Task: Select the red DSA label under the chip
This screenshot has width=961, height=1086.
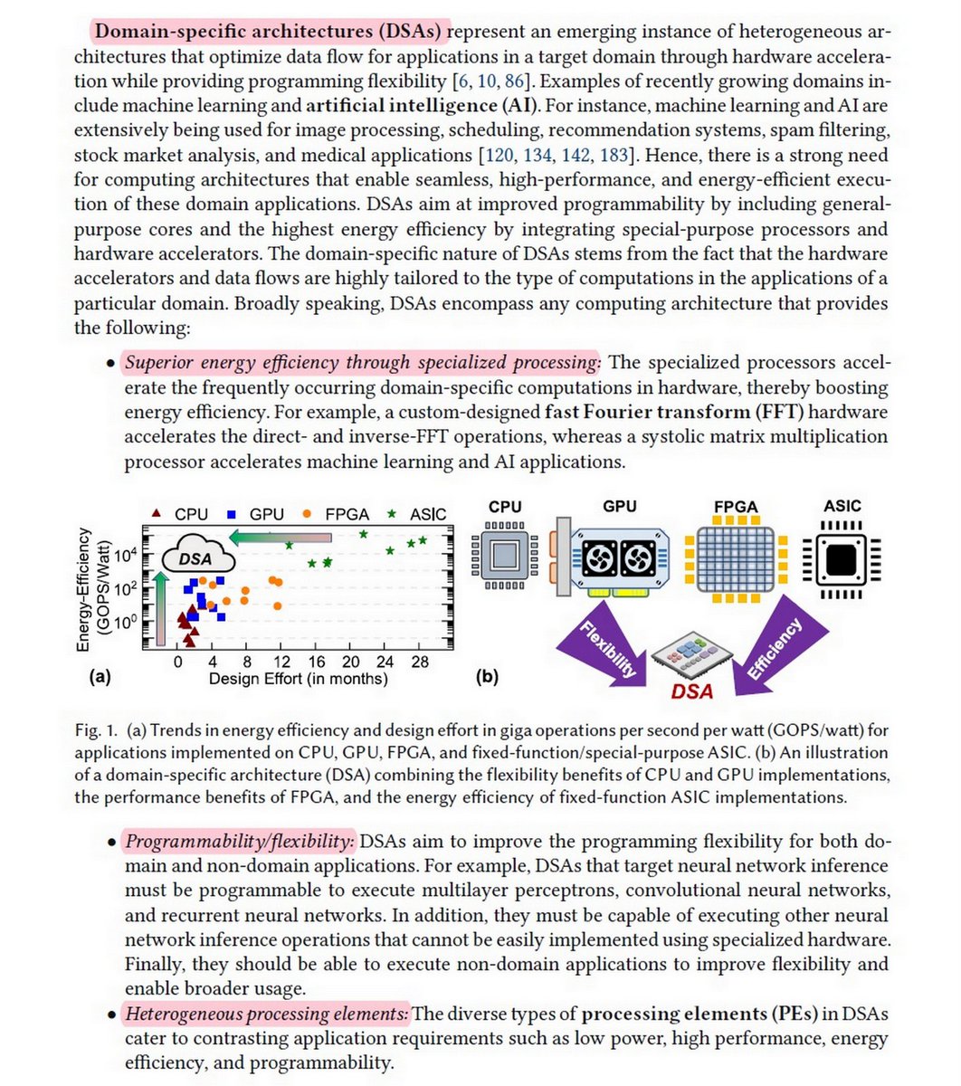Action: click(x=691, y=692)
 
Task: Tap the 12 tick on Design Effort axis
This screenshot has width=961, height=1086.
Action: click(x=282, y=662)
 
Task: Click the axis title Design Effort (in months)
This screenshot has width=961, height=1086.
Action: click(x=298, y=679)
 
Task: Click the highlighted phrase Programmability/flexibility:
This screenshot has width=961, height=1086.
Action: click(x=240, y=842)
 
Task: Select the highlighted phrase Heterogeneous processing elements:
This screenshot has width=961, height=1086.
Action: click(x=267, y=1014)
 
